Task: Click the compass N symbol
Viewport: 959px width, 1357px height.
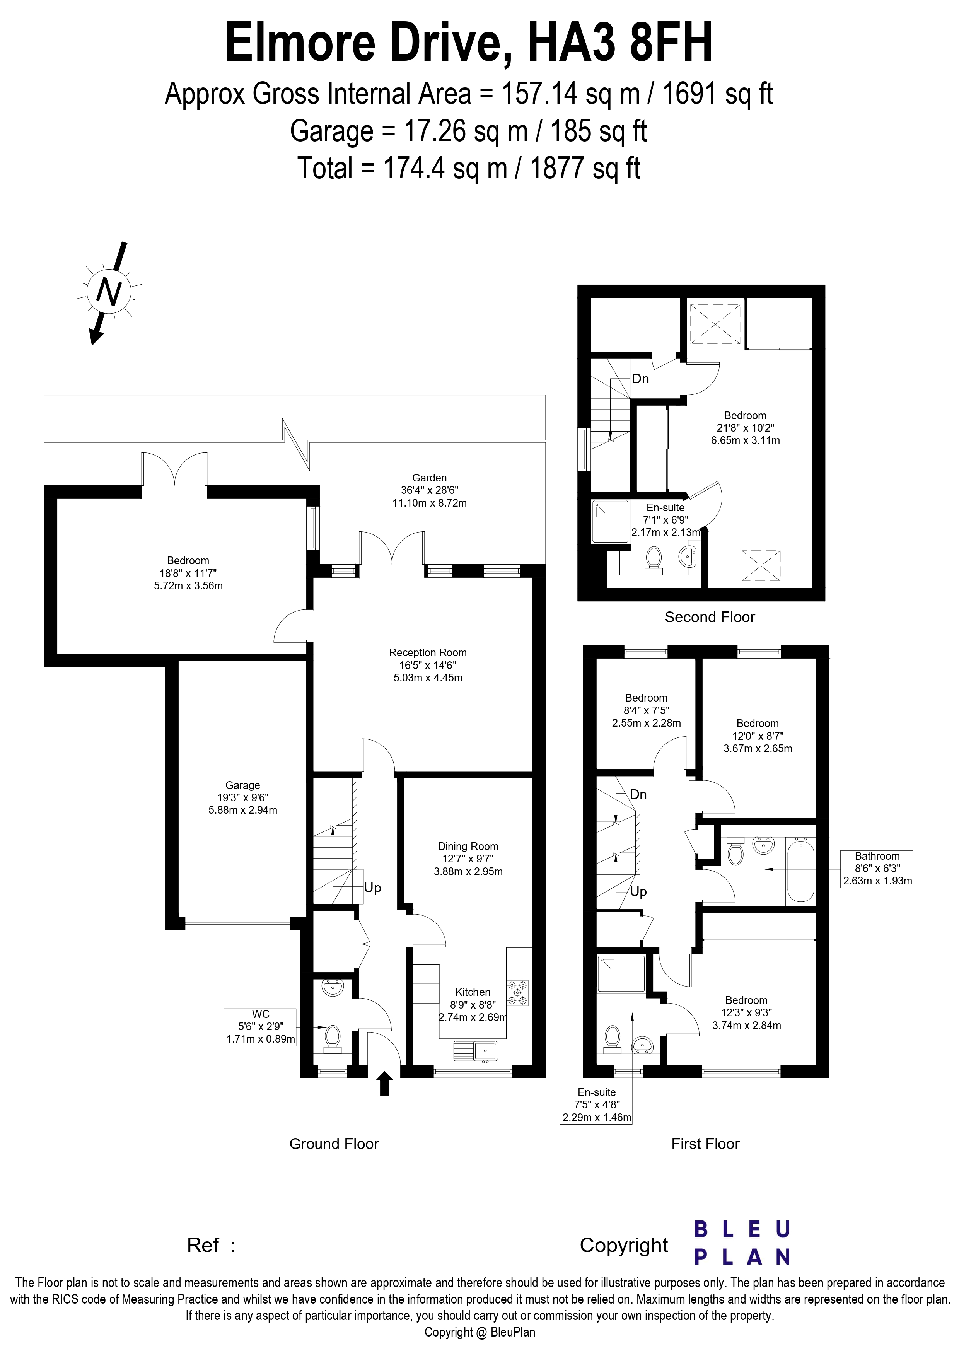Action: (109, 291)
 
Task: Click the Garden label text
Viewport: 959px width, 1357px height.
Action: (430, 478)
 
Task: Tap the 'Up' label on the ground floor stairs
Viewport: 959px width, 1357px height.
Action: (373, 888)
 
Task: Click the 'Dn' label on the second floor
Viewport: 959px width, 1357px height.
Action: (640, 379)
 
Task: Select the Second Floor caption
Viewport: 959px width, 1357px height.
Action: (710, 617)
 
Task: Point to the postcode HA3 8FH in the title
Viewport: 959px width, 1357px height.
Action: (620, 43)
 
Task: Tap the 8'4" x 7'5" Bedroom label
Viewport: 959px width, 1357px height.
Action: (647, 710)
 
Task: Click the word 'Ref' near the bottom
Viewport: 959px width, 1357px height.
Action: (203, 1245)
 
